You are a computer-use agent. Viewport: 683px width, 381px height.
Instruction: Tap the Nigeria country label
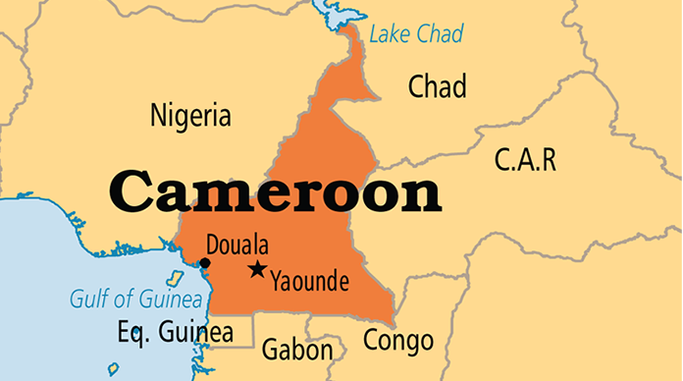tap(190, 116)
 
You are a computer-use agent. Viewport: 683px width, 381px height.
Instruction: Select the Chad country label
tap(437, 86)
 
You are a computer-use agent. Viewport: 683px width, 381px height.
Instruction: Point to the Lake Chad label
tap(416, 35)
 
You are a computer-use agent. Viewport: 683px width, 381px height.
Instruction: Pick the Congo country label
tap(397, 341)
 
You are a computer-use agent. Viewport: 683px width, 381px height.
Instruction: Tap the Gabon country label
tap(296, 350)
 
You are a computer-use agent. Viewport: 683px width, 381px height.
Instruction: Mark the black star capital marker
tap(257, 269)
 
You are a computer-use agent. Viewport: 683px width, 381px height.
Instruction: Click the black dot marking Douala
tap(205, 263)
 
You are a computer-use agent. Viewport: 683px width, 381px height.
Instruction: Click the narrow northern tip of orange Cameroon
tap(350, 44)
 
